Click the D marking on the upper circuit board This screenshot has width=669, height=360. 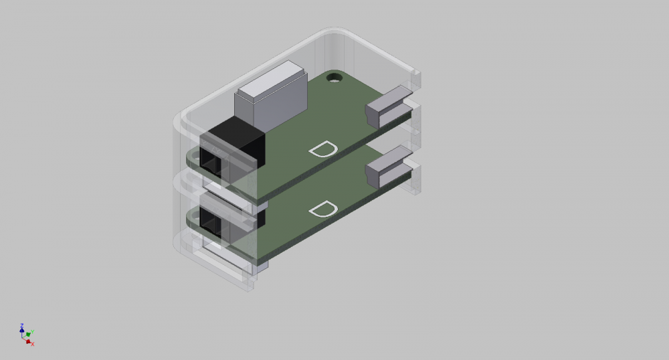pos(323,149)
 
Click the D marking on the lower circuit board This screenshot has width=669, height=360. pos(323,209)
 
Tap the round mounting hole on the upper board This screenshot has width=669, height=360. pos(334,78)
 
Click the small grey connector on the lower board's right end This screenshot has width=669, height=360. pos(388,167)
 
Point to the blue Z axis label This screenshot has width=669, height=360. pos(22,325)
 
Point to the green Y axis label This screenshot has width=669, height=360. pos(32,332)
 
